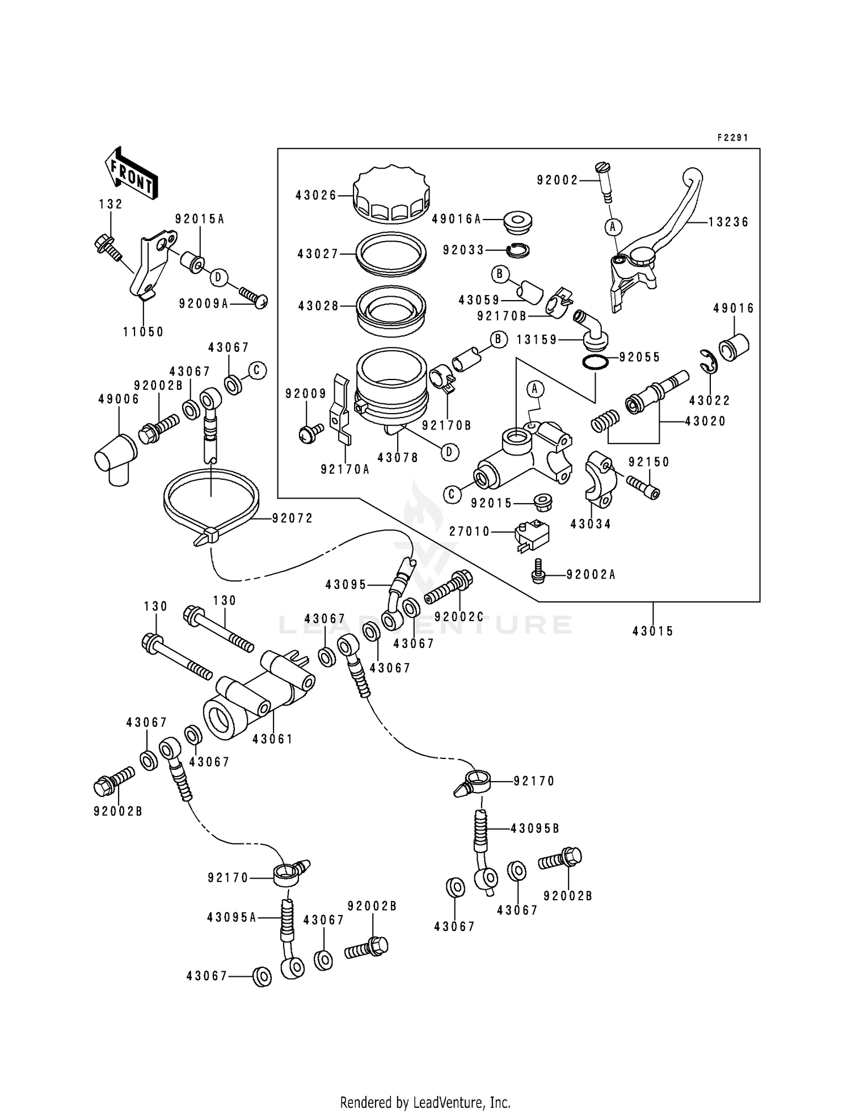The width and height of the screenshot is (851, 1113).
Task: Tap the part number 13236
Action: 728,222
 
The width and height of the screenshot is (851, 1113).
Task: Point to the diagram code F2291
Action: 732,138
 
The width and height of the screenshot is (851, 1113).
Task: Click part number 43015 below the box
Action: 653,631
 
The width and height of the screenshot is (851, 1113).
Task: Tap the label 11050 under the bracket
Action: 144,332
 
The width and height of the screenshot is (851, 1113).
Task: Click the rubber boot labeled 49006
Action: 115,459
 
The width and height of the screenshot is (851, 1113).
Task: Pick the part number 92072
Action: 292,518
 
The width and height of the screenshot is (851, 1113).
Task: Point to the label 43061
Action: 273,739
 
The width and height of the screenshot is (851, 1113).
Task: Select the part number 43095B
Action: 534,829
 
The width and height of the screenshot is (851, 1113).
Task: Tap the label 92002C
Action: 459,616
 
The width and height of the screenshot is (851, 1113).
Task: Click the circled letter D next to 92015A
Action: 218,277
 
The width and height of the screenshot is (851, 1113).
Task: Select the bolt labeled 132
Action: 106,247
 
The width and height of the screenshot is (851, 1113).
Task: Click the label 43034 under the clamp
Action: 591,525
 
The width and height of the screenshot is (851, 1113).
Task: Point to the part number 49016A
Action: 457,219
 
